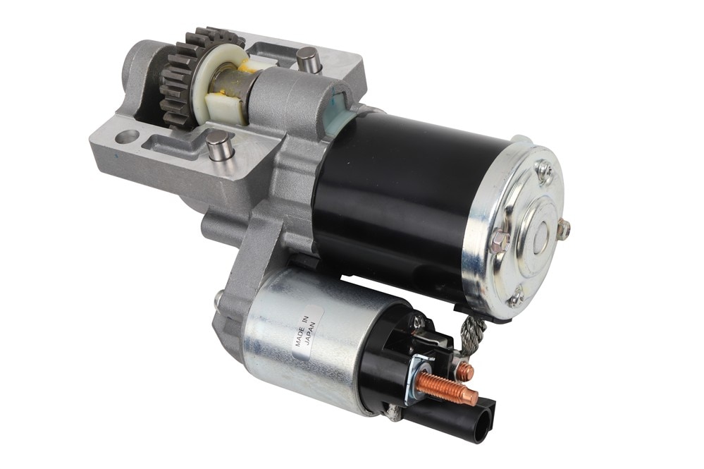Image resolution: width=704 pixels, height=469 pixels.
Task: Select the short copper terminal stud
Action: pyautogui.click(x=466, y=370)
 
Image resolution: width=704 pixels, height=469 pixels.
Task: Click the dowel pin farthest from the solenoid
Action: pyautogui.click(x=308, y=58)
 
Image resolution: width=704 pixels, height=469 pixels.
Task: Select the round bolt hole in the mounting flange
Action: pyautogui.click(x=127, y=135)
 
